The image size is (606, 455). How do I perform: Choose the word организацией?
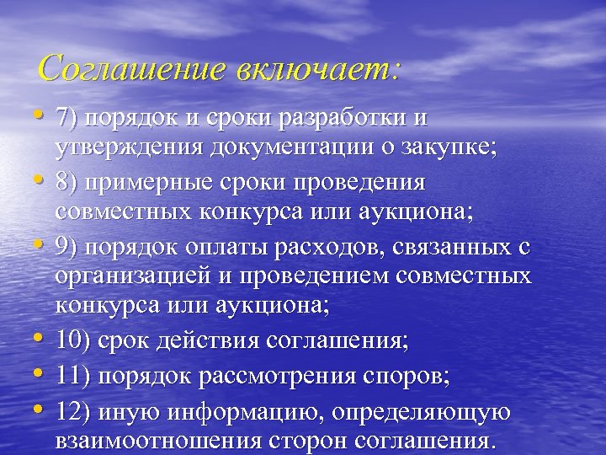[144, 276]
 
